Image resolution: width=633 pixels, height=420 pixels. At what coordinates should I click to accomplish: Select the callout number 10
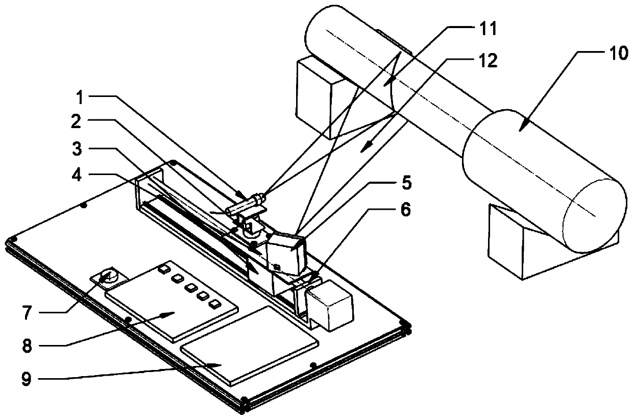point(618,53)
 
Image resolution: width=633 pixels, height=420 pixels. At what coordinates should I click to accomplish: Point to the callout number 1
point(80,97)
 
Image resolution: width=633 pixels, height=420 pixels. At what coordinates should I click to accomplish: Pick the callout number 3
point(77,149)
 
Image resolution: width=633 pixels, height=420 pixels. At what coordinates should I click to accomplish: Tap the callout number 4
point(77,175)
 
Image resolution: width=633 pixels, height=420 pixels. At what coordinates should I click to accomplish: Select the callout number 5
point(406,183)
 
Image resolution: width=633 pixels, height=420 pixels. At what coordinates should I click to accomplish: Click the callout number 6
point(406,210)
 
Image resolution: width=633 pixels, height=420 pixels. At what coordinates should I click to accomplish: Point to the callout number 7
point(27,313)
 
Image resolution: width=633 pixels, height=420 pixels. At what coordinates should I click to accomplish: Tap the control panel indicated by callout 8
point(172,302)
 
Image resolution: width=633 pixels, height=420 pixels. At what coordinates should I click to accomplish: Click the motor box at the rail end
point(331,306)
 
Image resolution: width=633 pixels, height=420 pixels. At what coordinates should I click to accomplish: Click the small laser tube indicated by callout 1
point(245,205)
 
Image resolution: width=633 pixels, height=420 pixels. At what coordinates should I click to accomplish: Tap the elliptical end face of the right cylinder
point(595,216)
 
